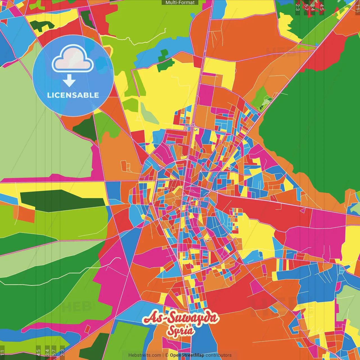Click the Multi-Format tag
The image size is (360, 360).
point(180,3)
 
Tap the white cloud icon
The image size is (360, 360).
point(73,60)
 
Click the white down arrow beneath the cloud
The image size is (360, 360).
point(69,81)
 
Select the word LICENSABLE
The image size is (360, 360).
point(73,95)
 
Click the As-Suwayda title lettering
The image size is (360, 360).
point(181,318)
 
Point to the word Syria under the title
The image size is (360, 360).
point(181,330)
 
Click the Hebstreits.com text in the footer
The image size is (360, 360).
point(145,355)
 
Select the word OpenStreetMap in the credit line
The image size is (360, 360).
point(187,355)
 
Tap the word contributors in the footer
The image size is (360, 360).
point(219,355)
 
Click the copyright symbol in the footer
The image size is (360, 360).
point(167,355)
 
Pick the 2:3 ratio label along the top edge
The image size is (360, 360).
point(298,7)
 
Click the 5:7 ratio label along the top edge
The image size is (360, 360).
point(306,7)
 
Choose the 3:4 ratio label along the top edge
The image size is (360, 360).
point(312,7)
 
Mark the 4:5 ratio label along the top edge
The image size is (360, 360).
point(322,7)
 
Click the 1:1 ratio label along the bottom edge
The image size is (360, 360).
point(2,352)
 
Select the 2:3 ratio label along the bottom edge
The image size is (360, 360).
point(62,352)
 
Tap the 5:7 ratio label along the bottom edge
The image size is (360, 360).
point(54,352)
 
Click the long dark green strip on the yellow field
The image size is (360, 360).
point(62,200)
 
